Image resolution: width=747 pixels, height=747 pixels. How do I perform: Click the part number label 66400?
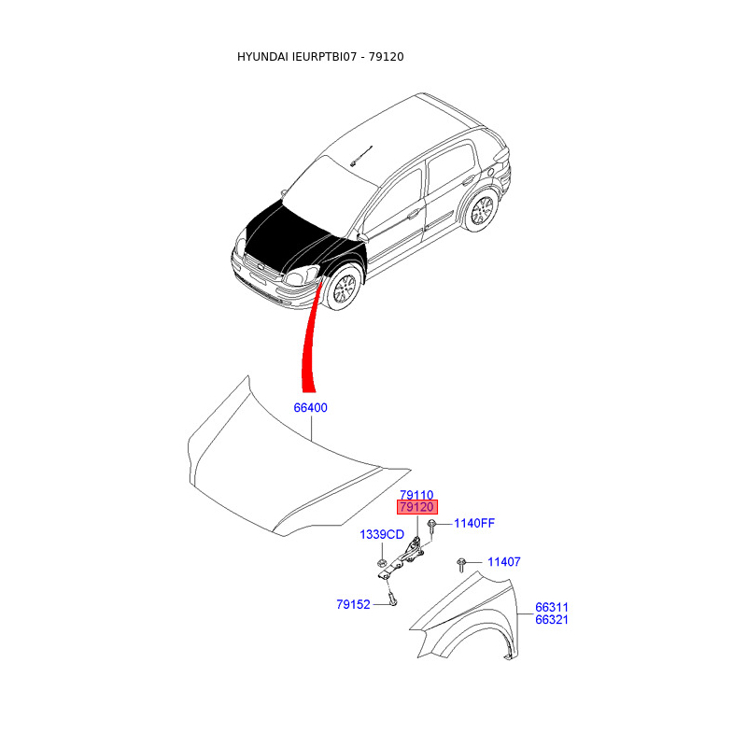click(311, 408)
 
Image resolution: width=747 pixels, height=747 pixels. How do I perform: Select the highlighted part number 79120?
click(417, 507)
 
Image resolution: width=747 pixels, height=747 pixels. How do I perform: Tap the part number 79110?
click(417, 495)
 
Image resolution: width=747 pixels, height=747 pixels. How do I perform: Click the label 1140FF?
click(474, 523)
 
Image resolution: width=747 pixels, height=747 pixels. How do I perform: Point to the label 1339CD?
click(382, 535)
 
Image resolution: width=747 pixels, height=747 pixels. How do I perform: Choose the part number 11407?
click(503, 562)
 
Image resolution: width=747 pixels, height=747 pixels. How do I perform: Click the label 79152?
click(354, 604)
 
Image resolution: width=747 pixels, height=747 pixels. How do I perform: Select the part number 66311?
click(552, 607)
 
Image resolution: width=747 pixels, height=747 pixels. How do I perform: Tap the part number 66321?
click(552, 619)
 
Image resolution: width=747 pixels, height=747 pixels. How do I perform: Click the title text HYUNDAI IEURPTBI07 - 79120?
click(320, 57)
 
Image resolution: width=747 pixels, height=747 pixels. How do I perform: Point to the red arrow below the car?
click(309, 345)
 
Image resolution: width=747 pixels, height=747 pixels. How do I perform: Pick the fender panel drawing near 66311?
click(467, 616)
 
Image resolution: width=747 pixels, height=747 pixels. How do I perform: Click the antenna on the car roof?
click(362, 154)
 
